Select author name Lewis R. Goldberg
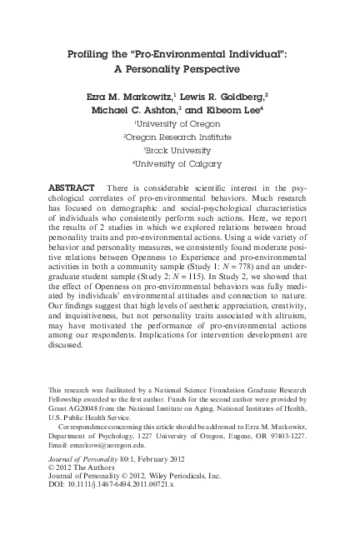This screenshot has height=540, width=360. (x=234, y=97)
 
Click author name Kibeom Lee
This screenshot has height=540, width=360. (x=241, y=110)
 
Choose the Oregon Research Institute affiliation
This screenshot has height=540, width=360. (x=179, y=137)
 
